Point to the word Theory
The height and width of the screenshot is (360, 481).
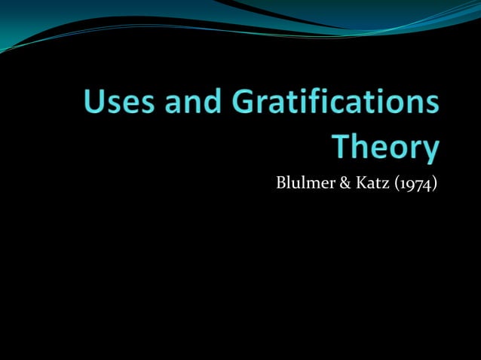pos(385,146)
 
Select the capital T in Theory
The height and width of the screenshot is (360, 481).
pos(342,145)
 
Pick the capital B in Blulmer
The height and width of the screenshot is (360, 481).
pos(280,182)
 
